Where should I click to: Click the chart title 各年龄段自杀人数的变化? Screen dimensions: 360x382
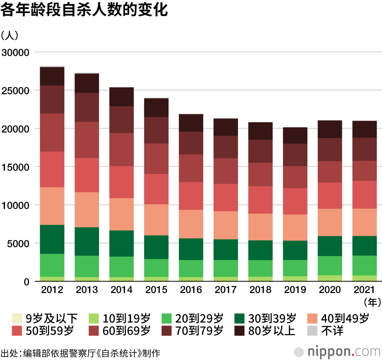click(x=84, y=10)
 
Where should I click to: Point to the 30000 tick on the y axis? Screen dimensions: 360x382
click(x=16, y=52)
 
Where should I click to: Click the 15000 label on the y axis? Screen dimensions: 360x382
click(x=16, y=167)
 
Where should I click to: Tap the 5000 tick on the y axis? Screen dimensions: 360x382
click(x=18, y=243)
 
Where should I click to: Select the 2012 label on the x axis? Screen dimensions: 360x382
click(x=52, y=290)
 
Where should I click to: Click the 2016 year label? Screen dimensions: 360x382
click(x=191, y=290)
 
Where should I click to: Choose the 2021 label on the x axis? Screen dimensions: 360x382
click(x=365, y=290)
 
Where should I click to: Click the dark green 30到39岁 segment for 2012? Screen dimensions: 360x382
click(x=52, y=239)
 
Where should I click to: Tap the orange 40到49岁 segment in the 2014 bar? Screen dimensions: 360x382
click(x=121, y=214)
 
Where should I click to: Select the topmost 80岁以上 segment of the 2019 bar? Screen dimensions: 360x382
click(x=295, y=135)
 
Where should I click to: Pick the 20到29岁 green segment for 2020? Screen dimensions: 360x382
click(x=330, y=265)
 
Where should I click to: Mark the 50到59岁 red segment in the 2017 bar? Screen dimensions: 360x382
click(x=226, y=197)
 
